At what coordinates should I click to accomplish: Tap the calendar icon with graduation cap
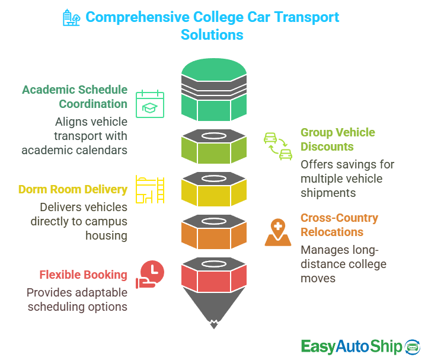click(x=151, y=104)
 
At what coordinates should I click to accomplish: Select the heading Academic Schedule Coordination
click(x=75, y=97)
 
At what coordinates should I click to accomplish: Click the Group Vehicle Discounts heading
click(x=337, y=139)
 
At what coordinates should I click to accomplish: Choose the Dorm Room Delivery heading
click(x=72, y=190)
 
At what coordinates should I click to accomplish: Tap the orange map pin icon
click(x=277, y=232)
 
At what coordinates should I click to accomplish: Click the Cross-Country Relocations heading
click(x=339, y=225)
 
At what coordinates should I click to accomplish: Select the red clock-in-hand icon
click(x=151, y=275)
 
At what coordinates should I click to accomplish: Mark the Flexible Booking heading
click(x=83, y=275)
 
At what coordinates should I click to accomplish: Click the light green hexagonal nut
click(x=213, y=147)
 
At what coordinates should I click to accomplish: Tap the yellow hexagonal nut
click(x=213, y=189)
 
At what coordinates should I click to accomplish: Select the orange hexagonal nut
click(x=213, y=232)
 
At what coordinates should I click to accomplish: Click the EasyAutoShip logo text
click(x=351, y=346)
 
